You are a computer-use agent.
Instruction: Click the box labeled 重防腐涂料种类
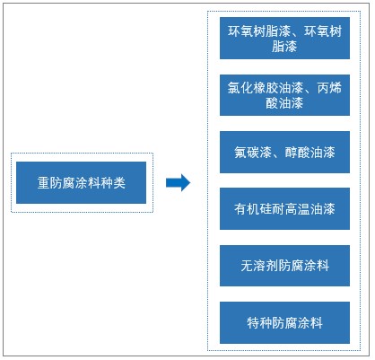coord(82,182)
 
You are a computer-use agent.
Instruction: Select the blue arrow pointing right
coord(179,182)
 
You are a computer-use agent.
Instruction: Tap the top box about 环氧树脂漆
coord(283,39)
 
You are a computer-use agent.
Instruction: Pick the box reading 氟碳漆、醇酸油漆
coord(283,152)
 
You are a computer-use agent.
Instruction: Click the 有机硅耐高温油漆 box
coord(283,208)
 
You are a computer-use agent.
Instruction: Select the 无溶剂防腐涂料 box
coord(283,265)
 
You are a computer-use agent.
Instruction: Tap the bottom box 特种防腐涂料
coord(283,321)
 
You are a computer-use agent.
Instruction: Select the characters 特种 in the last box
coord(257,321)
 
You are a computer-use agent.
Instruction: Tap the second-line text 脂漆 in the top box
coord(283,47)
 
